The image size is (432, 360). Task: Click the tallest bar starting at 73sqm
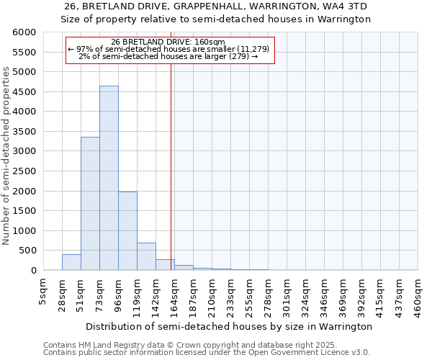pos(109,178)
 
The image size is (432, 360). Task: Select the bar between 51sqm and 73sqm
pos(90,203)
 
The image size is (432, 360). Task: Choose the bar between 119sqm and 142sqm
pos(146,256)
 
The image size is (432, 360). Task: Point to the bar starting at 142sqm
pos(165,264)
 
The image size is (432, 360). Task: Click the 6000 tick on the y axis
pos(24,32)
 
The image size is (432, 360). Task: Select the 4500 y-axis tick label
pos(24,92)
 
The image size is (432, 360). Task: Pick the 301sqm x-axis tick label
pos(287,292)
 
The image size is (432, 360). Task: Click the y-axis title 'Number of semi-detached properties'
pos(6,156)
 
